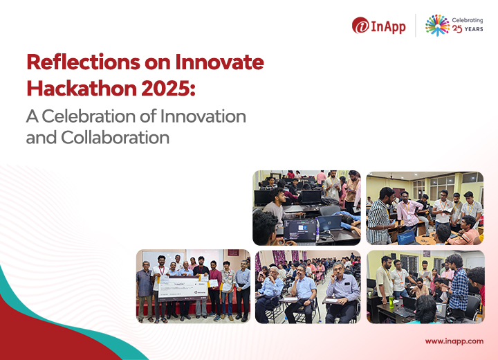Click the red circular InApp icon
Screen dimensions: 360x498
coord(360,26)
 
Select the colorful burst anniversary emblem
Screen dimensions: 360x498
coord(437,25)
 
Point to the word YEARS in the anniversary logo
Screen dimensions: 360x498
coord(474,31)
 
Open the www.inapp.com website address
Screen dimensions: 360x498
coord(454,341)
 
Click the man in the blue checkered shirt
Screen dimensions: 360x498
coord(456,289)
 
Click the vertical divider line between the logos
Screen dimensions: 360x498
coord(416,26)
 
